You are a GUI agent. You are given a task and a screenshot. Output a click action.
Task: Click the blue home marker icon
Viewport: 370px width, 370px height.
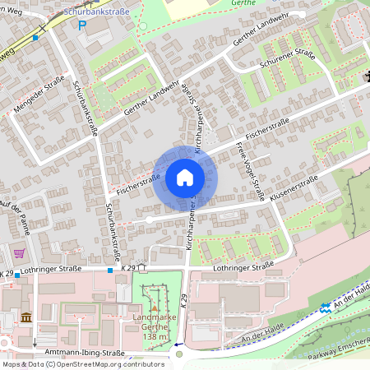[x=185, y=177]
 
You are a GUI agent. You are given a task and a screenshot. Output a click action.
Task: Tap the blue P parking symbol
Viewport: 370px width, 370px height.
[x=81, y=25]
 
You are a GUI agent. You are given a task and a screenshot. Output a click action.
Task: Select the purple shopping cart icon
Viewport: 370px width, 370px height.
[x=19, y=253]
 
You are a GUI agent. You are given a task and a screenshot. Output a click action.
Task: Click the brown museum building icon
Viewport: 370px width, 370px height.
[x=25, y=317]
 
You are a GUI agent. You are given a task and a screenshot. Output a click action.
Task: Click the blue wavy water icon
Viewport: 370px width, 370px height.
[x=326, y=307]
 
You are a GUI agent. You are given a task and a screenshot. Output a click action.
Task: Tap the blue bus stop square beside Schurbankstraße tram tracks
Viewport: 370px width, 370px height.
[x=35, y=38]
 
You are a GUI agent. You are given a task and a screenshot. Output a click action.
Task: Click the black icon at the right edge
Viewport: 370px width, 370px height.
[x=366, y=78]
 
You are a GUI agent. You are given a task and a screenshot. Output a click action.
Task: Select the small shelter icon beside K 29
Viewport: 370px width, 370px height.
[x=141, y=266]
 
